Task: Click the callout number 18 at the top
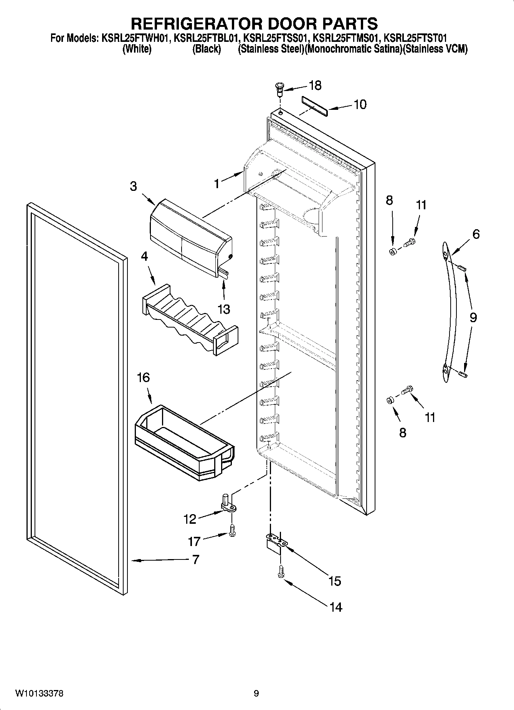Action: point(315,85)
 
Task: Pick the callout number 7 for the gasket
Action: point(195,559)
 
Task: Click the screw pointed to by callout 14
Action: point(280,571)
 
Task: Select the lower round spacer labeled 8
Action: point(389,401)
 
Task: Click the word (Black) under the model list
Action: point(207,49)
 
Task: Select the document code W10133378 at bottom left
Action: point(40,693)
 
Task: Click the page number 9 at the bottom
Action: point(256,693)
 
